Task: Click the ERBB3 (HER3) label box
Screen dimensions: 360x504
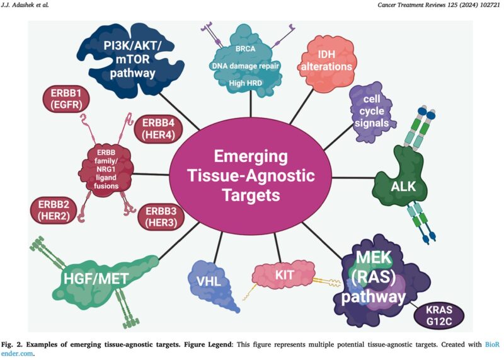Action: point(162,216)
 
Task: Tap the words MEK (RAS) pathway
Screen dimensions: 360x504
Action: point(379,277)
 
